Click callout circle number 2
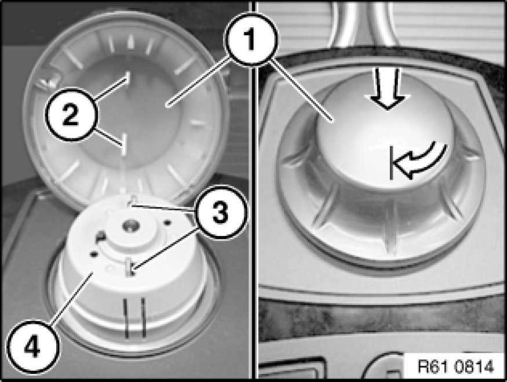point(71,114)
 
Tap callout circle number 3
point(221,212)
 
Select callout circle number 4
point(32,347)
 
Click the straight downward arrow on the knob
point(388,89)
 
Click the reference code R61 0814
point(456,367)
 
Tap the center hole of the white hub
point(130,225)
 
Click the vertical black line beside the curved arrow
point(392,162)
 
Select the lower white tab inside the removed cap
point(123,145)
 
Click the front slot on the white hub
point(130,267)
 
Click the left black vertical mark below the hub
point(126,319)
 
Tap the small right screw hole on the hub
point(167,223)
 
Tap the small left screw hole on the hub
point(94,254)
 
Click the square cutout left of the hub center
point(100,237)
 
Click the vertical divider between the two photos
point(255,191)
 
